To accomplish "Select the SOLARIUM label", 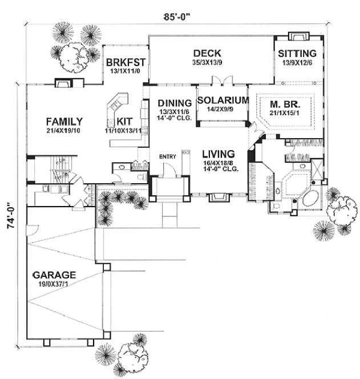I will (223, 100).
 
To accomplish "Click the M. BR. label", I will (284, 104).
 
